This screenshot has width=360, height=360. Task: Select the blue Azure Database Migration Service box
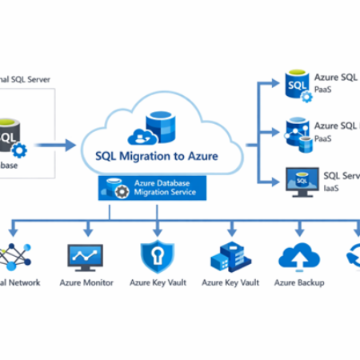click(152, 189)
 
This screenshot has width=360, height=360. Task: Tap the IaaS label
click(329, 189)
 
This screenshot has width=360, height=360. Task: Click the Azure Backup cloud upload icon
click(298, 256)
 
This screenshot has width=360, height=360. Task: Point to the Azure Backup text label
click(298, 282)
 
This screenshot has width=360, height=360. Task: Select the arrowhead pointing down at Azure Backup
click(298, 233)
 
